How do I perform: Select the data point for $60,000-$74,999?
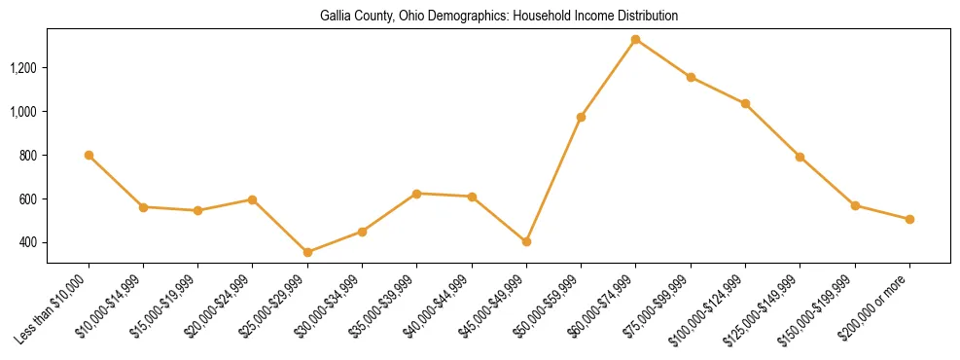pos(636,40)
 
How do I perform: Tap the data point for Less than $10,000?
pos(89,156)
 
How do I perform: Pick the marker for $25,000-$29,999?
pos(307,252)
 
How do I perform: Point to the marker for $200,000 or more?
pos(909,219)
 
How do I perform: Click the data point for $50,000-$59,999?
pos(581,117)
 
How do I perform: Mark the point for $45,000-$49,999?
pos(526,241)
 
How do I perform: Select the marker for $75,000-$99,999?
pos(691,77)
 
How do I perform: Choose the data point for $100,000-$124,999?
pos(745,103)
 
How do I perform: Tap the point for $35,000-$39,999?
pos(417,194)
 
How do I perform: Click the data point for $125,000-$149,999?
pos(800,157)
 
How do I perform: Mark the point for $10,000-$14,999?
pos(143,207)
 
